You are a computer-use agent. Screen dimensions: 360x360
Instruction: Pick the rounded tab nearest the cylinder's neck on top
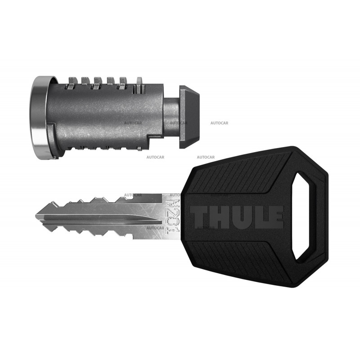pyautogui.click(x=140, y=81)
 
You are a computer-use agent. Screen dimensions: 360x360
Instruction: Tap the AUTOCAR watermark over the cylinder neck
pyautogui.click(x=179, y=122)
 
